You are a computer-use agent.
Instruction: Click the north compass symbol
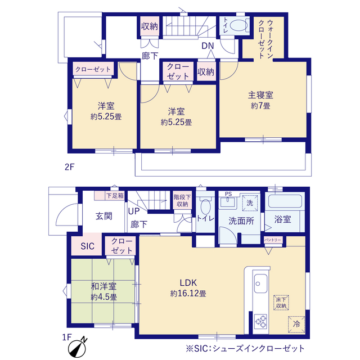(x=78, y=348)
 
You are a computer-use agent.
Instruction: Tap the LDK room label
(x=188, y=282)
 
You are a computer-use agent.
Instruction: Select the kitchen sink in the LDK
(x=260, y=283)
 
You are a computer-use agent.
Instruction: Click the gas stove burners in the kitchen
(x=260, y=321)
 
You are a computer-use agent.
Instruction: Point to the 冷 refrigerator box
(x=296, y=325)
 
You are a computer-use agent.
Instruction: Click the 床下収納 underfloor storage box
(x=281, y=303)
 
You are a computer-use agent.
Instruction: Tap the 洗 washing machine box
(x=250, y=202)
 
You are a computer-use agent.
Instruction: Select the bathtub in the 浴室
(x=285, y=201)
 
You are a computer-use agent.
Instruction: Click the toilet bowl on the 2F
(x=237, y=25)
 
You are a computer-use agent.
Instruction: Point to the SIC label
(x=88, y=246)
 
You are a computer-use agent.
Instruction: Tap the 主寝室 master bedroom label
(x=260, y=95)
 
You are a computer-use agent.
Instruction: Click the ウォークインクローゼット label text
(x=266, y=39)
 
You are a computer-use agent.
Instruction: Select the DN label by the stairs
(x=208, y=46)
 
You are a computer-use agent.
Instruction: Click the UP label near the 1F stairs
(x=134, y=211)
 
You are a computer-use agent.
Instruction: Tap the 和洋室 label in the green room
(x=103, y=286)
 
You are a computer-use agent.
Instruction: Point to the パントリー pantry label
(x=272, y=240)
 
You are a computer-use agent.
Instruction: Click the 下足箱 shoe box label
(x=115, y=196)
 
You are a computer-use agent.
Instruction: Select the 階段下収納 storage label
(x=182, y=200)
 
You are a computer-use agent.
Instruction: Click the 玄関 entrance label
(x=103, y=216)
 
